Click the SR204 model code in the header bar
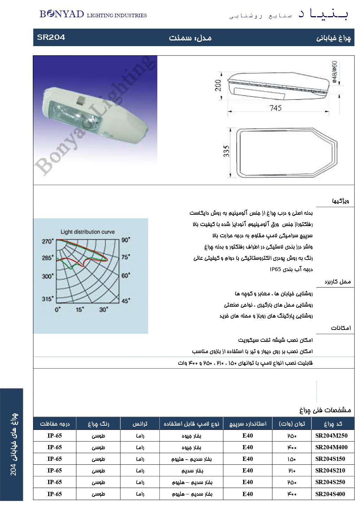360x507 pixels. [51, 37]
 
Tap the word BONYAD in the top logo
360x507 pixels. [62, 14]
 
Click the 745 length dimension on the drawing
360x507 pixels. [276, 108]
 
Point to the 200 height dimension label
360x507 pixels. [218, 86]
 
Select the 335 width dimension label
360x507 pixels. [226, 152]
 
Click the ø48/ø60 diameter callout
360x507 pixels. [334, 72]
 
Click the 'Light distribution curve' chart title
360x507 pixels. [88, 232]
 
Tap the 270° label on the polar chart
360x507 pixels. [48, 241]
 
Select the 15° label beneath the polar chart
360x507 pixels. [80, 309]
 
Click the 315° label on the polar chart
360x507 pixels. [48, 299]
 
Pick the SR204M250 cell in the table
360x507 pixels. [331, 436]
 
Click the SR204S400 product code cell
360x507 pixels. [330, 494]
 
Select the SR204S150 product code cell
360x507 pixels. [330, 459]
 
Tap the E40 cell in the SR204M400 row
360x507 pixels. [247, 447]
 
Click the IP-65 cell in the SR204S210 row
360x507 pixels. [55, 470]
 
